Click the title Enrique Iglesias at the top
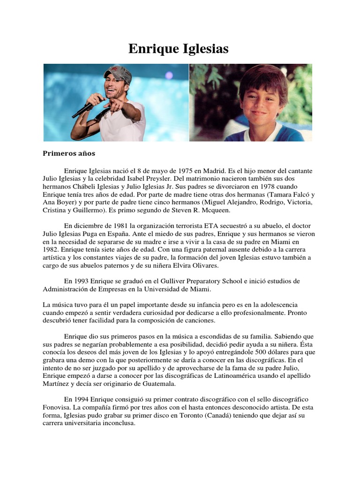(x=179, y=48)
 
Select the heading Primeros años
(x=69, y=153)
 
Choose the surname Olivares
(x=203, y=265)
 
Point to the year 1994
(x=83, y=400)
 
